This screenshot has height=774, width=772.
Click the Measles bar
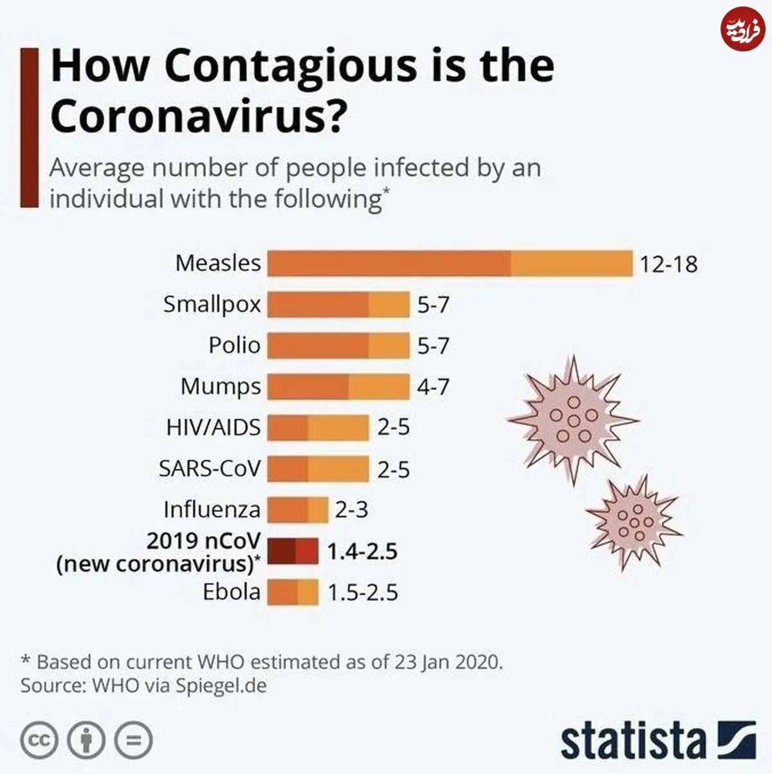point(450,263)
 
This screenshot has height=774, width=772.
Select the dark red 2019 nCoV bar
point(293,551)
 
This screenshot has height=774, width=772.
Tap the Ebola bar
point(293,592)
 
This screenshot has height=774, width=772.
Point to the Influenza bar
point(298,510)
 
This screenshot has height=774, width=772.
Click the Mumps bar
point(338,387)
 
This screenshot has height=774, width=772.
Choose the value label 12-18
point(668,264)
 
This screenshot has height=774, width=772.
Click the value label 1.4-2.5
point(362,551)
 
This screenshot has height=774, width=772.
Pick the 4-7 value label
point(433,387)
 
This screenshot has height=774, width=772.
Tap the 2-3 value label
point(351,510)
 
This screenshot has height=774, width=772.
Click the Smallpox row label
point(212,305)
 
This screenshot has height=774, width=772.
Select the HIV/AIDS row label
point(214,427)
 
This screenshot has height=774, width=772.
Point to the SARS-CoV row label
point(210,468)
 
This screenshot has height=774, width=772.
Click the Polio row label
point(235,345)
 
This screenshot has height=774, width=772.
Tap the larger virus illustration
point(573,420)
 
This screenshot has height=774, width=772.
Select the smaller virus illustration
point(634,522)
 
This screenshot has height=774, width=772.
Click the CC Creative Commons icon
point(39,740)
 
